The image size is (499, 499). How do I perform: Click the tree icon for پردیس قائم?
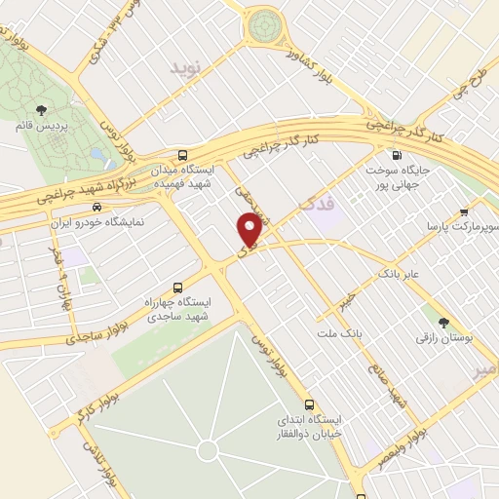40,111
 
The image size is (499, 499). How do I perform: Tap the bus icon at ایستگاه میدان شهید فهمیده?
183,155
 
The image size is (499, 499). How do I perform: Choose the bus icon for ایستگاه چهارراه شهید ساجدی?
177,288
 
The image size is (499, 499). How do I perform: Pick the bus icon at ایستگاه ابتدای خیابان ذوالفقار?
309,404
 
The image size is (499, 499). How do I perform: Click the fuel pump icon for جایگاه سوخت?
395,155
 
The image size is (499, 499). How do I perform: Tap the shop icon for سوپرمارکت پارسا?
465,211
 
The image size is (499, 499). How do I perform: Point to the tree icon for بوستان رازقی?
443,323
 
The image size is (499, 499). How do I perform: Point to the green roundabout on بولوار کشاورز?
263,26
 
